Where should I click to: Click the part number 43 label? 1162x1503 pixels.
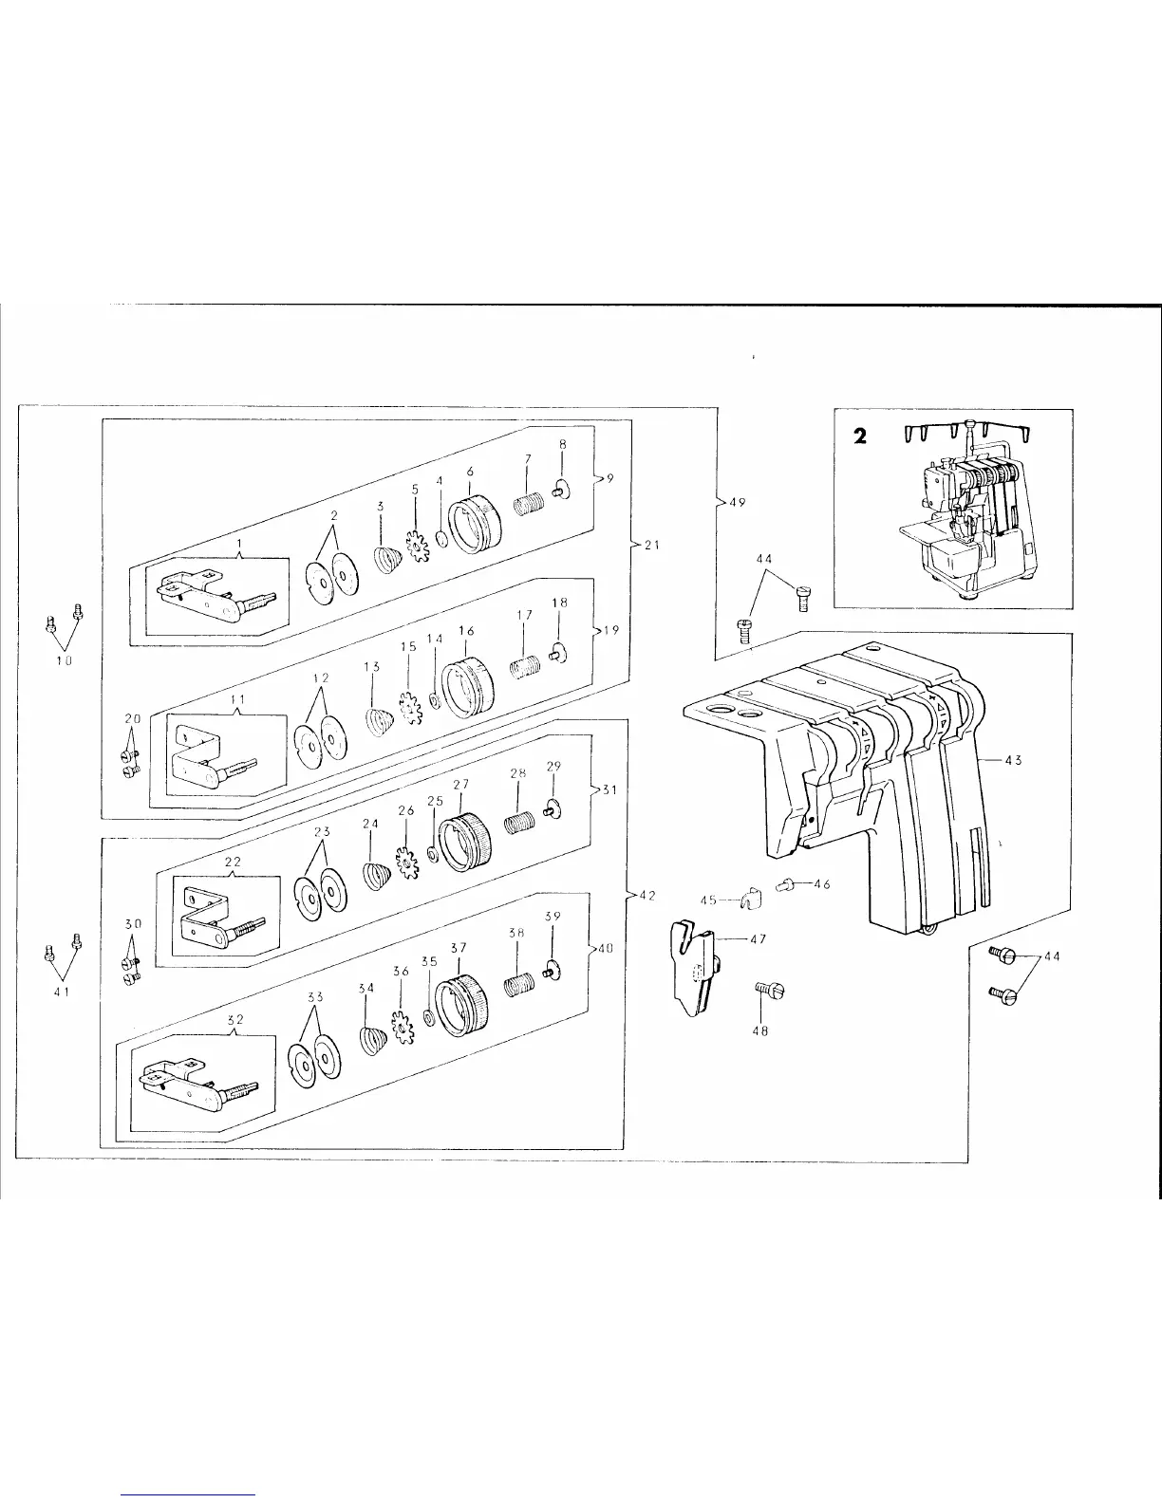click(1012, 760)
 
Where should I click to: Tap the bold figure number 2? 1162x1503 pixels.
click(860, 436)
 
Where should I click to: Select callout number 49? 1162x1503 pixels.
click(735, 503)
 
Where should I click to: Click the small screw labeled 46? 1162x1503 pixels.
click(784, 885)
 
